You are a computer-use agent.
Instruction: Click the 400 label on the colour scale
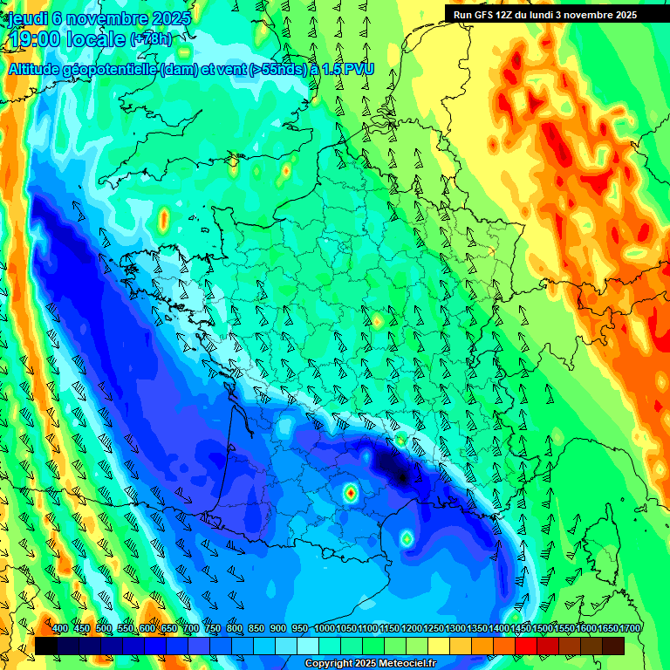[60, 629]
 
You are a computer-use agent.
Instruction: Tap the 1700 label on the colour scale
[607, 629]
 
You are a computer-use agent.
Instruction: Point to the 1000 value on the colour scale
[325, 629]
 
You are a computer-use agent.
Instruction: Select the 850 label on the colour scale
[256, 629]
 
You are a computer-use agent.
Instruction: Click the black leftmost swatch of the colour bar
[46, 646]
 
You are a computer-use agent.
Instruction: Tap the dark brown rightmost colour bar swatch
[613, 646]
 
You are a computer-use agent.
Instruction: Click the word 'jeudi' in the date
[26, 17]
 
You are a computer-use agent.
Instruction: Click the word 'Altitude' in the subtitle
[38, 69]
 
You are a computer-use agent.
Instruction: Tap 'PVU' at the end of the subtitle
[357, 69]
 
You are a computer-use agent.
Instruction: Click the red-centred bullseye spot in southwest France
[350, 493]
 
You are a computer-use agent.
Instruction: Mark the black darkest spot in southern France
[400, 476]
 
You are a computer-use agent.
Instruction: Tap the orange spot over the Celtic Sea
[163, 223]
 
